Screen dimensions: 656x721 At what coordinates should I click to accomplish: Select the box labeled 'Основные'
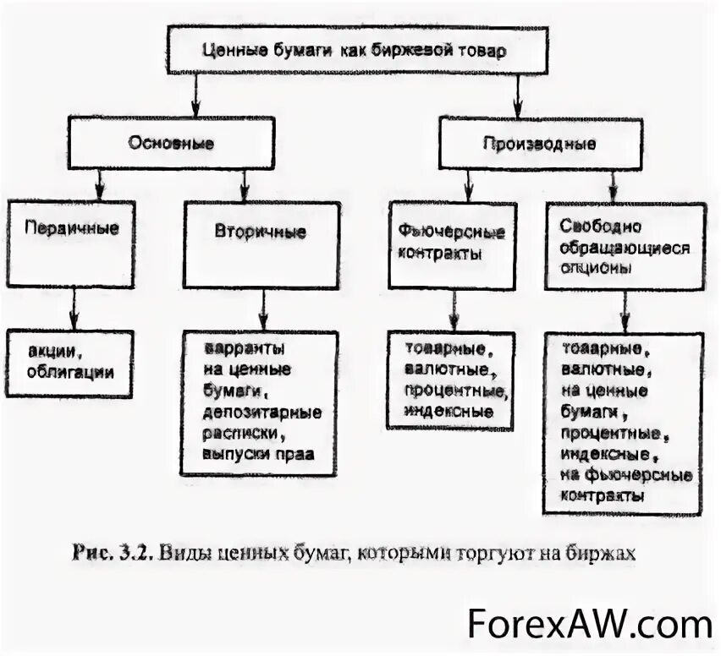pos(171,143)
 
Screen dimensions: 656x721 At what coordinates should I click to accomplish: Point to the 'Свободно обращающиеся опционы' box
pos(625,246)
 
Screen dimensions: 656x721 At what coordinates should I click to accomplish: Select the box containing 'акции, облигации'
pos(70,362)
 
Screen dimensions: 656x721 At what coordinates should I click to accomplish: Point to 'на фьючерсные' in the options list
pos(626,475)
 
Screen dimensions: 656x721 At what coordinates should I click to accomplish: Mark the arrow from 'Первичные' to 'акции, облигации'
pos(75,308)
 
